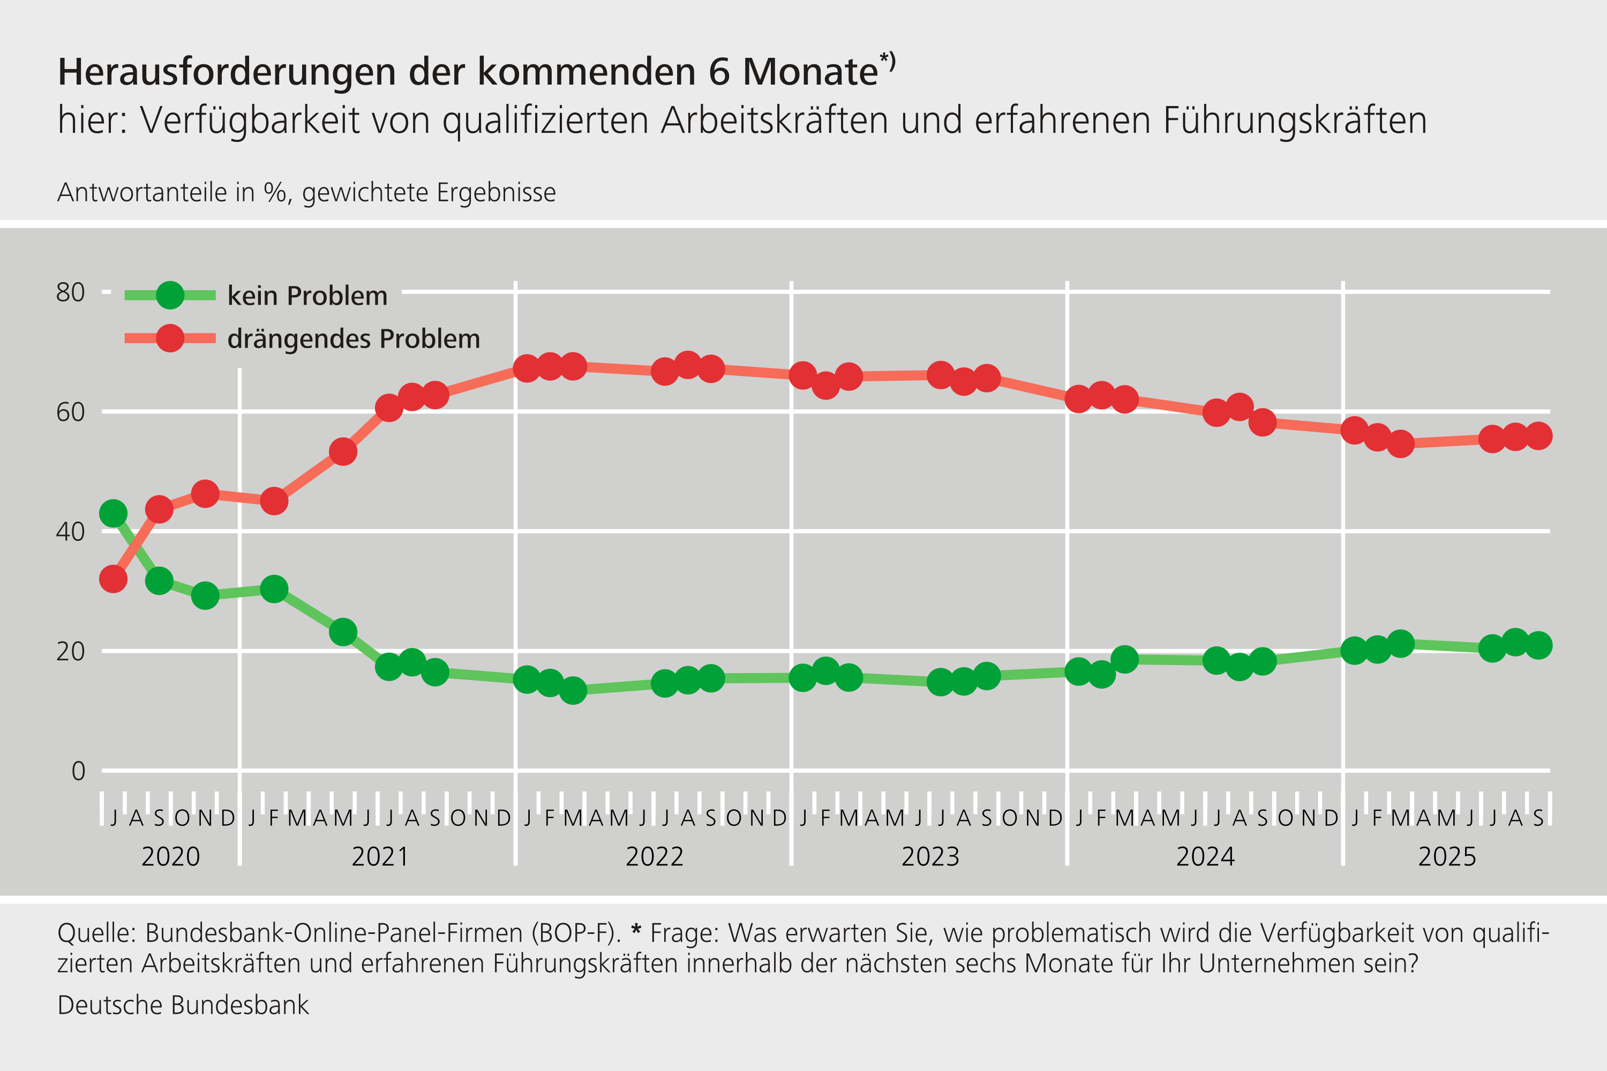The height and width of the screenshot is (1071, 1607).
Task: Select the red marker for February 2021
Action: (x=274, y=501)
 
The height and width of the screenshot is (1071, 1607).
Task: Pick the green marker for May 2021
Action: (x=343, y=632)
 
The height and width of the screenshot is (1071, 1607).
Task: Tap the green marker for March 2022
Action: (x=573, y=691)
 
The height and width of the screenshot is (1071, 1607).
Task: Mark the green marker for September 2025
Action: (x=1538, y=645)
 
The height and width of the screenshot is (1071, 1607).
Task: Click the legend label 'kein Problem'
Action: (x=307, y=296)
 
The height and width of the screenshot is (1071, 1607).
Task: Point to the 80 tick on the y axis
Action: (x=70, y=292)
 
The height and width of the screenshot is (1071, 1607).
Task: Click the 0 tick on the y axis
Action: (x=79, y=771)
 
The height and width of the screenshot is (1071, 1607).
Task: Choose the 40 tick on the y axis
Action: (x=70, y=531)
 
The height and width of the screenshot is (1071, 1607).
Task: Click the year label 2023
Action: (x=930, y=856)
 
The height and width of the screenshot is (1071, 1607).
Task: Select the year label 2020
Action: (x=171, y=856)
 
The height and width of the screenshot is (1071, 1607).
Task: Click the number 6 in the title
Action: (x=719, y=72)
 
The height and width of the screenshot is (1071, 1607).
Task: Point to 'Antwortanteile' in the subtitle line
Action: (x=142, y=193)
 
